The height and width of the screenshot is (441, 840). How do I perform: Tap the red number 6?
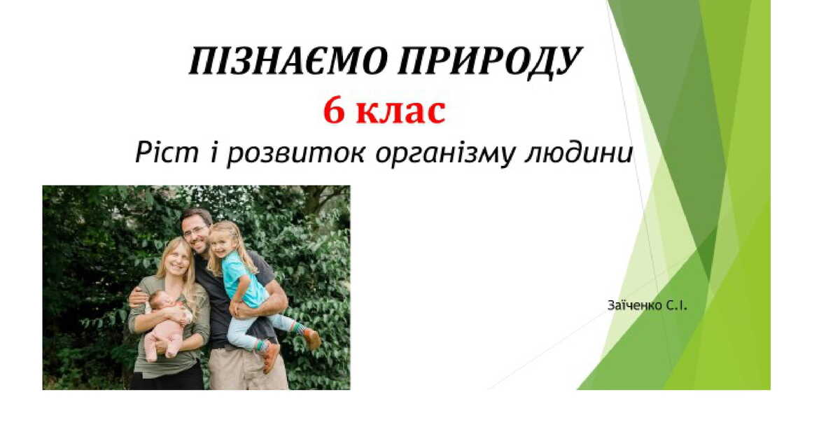[x=334, y=112]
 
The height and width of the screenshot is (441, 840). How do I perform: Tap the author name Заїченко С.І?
[x=648, y=305]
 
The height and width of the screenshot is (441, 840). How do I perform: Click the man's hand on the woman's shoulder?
[x=138, y=297]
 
